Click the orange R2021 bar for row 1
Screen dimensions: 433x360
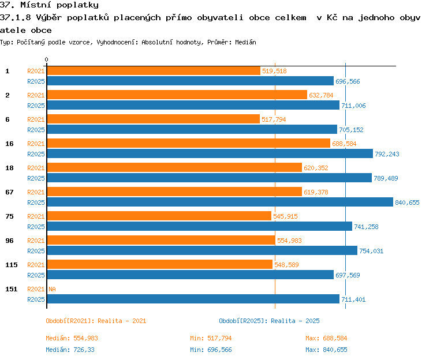pyautogui.click(x=154, y=71)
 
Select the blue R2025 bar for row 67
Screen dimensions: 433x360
pyautogui.click(x=220, y=202)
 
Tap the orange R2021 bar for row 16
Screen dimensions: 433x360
pyautogui.click(x=189, y=144)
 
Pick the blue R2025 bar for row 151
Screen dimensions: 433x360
pyautogui.click(x=193, y=299)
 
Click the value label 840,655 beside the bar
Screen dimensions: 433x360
pyautogui.click(x=407, y=202)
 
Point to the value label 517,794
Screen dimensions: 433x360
pyautogui.click(x=274, y=119)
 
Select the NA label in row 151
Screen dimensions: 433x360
pyautogui.click(x=52, y=289)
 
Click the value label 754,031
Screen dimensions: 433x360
pyautogui.click(x=371, y=251)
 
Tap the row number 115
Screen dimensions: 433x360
pyautogui.click(x=12, y=265)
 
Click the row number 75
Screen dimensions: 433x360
pyautogui.click(x=9, y=216)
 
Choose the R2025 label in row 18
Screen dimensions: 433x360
pyautogui.click(x=36, y=178)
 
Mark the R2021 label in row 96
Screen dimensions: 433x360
pyautogui.click(x=36, y=241)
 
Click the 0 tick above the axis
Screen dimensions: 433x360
pyautogui.click(x=46, y=59)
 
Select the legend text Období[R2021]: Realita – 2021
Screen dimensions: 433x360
pyautogui.click(x=96, y=321)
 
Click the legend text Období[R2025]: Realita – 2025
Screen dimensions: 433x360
pyautogui.click(x=269, y=321)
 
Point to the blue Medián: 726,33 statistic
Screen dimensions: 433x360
pyautogui.click(x=70, y=350)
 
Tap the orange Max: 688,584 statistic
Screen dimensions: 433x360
pyautogui.click(x=326, y=338)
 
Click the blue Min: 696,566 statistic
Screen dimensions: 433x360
pyautogui.click(x=211, y=350)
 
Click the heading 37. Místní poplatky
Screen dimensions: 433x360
pyautogui.click(x=49, y=5)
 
